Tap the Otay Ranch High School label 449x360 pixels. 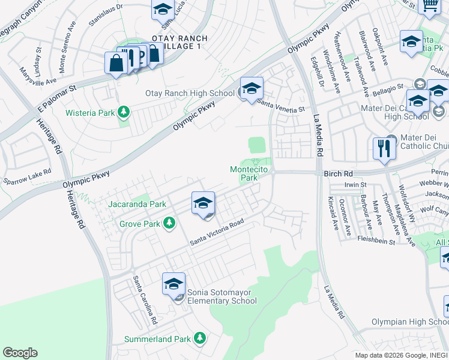[x=190, y=93]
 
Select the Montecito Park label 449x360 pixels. [x=244, y=173]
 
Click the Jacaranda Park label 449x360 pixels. [x=137, y=204]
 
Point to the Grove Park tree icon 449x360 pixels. [x=170, y=223]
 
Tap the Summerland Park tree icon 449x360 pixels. [x=200, y=339]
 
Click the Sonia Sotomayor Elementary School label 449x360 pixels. [x=222, y=296]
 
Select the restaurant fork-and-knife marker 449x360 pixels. [x=384, y=148]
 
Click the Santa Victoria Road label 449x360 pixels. [x=217, y=232]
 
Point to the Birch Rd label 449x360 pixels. [x=340, y=174]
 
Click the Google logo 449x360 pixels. [x=20, y=353]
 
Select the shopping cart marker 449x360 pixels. [x=429, y=6]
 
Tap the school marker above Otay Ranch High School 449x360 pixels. [x=252, y=88]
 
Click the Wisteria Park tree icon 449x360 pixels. [x=124, y=112]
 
